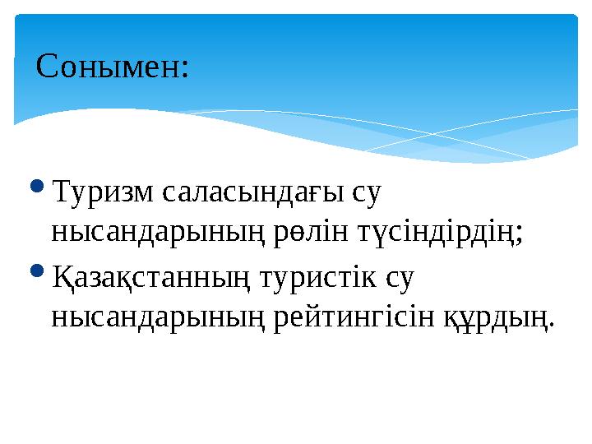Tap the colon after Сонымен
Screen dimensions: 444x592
tap(185, 70)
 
